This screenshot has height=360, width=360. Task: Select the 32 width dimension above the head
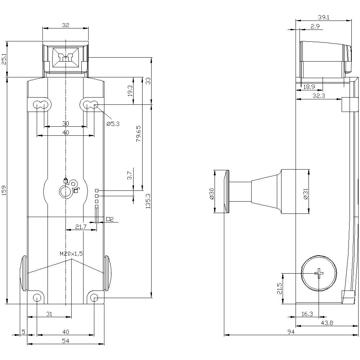click(65, 25)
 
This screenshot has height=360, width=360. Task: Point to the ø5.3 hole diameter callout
click(113, 123)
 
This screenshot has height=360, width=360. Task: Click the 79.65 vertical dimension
click(139, 134)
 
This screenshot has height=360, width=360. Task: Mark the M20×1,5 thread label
click(71, 254)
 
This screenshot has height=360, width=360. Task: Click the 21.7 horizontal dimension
click(81, 227)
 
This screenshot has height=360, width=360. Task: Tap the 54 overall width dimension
click(66, 341)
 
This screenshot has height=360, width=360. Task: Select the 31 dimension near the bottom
click(49, 314)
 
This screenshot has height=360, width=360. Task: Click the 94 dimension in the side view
click(291, 332)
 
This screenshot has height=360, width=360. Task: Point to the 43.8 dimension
click(327, 323)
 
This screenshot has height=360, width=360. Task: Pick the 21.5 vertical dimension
click(280, 288)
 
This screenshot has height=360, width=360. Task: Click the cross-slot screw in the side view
click(319, 274)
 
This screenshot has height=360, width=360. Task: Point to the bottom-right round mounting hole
click(94, 297)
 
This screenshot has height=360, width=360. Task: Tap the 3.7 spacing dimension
click(130, 176)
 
